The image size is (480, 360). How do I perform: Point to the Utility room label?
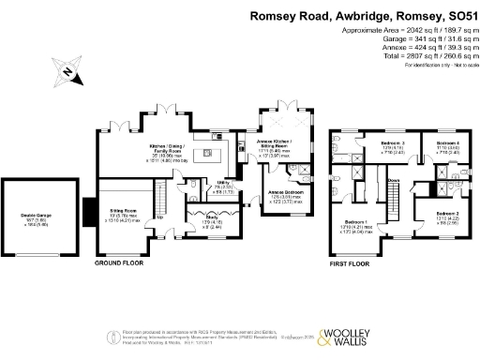(223, 182)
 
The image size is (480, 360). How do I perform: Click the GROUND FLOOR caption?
(120, 265)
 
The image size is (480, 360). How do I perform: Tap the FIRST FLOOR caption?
(354, 265)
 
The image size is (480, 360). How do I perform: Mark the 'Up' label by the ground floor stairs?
(160, 217)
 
